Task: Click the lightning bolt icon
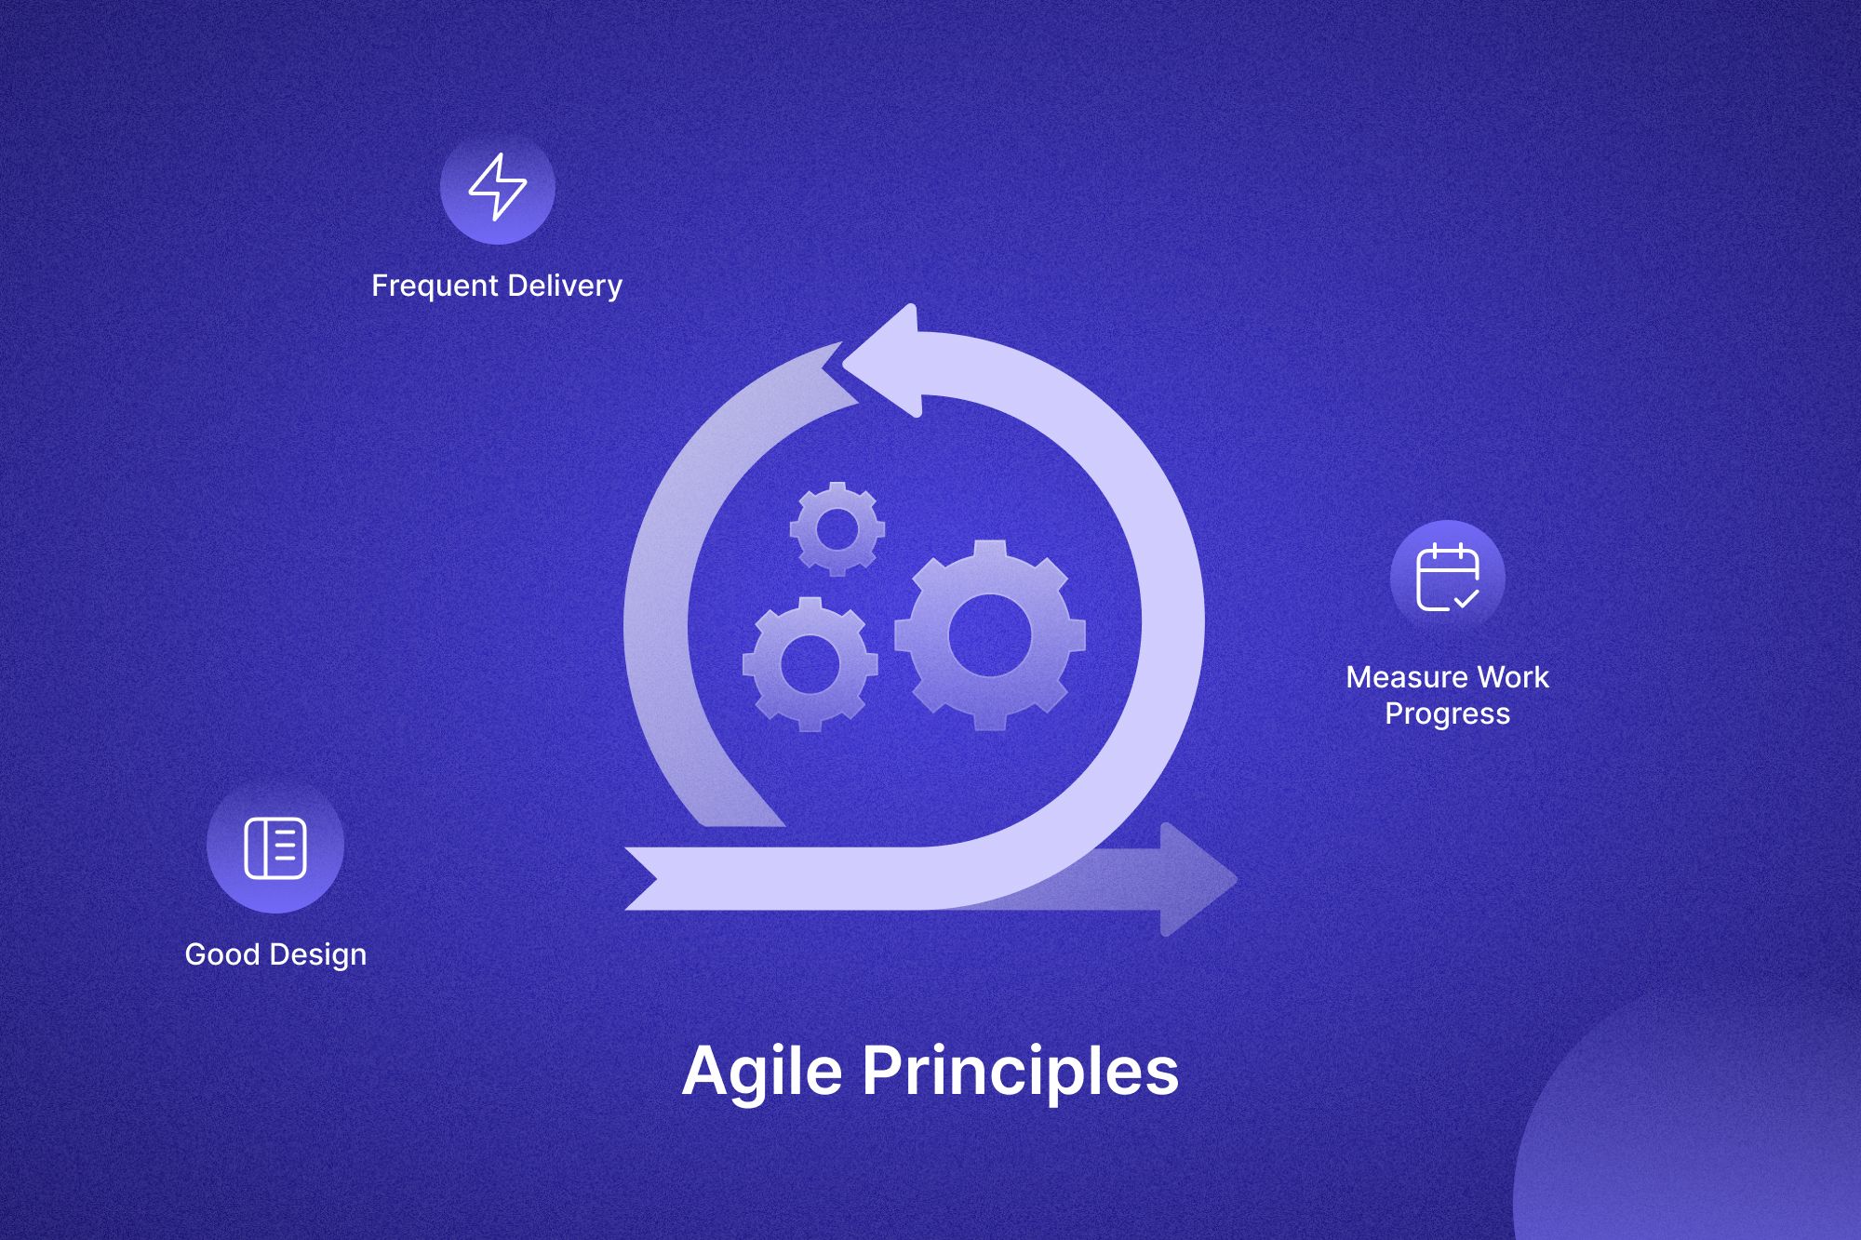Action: point(498,187)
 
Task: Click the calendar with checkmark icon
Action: point(1448,577)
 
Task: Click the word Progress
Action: point(1448,714)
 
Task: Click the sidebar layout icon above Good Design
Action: point(275,847)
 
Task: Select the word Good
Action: point(222,954)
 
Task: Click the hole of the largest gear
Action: point(990,635)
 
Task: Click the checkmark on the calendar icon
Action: point(1466,598)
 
